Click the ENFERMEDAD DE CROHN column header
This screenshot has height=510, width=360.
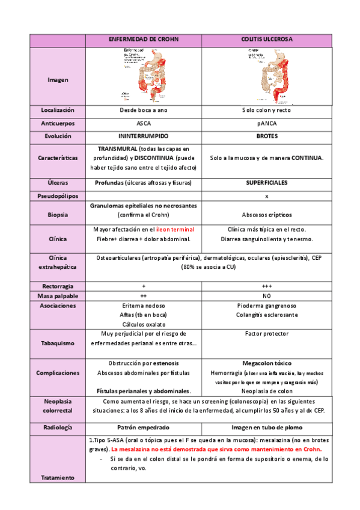point(144,39)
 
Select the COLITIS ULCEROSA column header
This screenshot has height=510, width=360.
point(267,39)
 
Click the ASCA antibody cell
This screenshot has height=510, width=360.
point(144,122)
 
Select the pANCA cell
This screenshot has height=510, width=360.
point(267,122)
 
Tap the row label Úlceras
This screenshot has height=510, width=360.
point(58,182)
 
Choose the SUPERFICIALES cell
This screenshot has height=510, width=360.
point(267,182)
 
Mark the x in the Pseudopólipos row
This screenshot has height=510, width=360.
point(267,196)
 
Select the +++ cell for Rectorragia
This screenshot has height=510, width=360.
point(267,285)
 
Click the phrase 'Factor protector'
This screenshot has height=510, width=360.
point(267,333)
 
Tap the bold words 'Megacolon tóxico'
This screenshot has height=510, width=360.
point(267,364)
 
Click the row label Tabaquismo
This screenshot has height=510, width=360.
point(58,343)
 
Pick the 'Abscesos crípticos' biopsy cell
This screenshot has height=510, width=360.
point(267,214)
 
